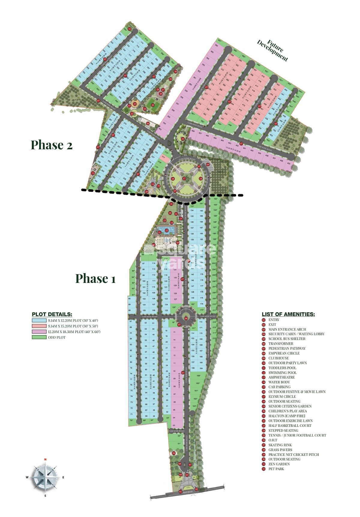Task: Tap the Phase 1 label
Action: (x=95, y=278)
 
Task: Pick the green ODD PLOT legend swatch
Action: (x=39, y=337)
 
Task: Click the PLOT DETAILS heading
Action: (x=52, y=314)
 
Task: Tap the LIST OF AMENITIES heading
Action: (x=288, y=314)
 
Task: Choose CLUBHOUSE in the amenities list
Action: (x=278, y=358)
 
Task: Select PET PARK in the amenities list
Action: (x=276, y=469)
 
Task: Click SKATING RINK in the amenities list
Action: (x=280, y=445)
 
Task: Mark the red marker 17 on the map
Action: (x=184, y=179)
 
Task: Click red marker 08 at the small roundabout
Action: (x=186, y=318)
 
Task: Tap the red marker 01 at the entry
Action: (x=180, y=492)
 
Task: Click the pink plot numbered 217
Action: (x=163, y=157)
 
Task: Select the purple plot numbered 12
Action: (x=174, y=356)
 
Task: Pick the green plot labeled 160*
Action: (x=198, y=383)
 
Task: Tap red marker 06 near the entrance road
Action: (x=174, y=453)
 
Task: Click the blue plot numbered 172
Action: (x=201, y=322)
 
